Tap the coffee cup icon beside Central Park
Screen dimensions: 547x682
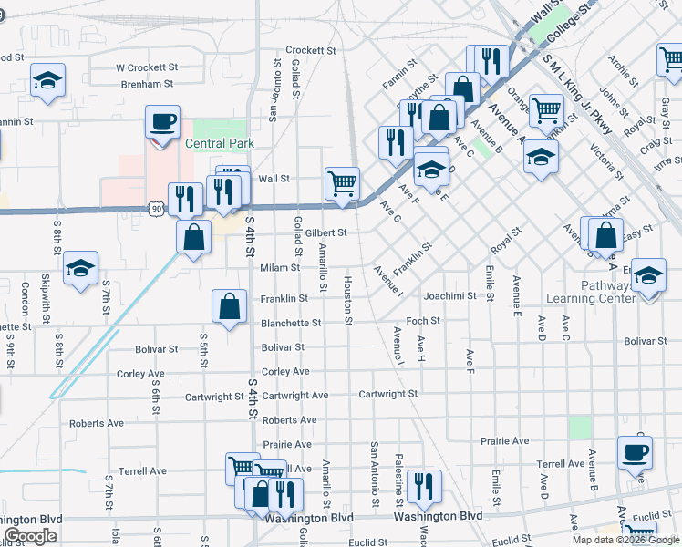pos(162,122)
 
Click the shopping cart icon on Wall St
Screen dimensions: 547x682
pos(342,182)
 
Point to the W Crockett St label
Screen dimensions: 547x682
pos(146,67)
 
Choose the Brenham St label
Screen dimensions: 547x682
pos(147,84)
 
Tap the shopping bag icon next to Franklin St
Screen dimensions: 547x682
pos(230,306)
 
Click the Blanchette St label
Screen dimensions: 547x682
pos(291,323)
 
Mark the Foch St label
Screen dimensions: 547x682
pos(423,321)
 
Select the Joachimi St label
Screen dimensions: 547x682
pos(450,295)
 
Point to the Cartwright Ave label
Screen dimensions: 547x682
pos(294,395)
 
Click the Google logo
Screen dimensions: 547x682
pos(30,536)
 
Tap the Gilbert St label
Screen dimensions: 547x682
pos(325,232)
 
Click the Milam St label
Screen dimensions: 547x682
pos(281,267)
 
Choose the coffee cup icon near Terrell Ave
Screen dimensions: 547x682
pos(635,451)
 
